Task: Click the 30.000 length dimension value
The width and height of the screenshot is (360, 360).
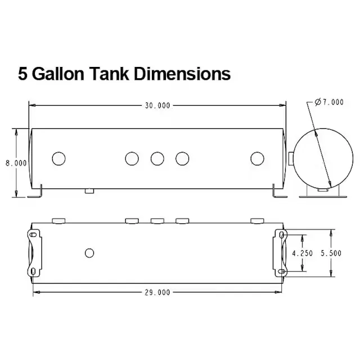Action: click(x=157, y=106)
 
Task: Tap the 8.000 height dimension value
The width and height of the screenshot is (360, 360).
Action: click(x=16, y=163)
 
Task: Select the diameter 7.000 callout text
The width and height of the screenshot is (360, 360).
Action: click(x=329, y=102)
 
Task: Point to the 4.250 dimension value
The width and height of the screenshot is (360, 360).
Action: click(x=302, y=253)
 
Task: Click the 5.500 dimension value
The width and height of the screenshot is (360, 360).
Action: click(x=331, y=253)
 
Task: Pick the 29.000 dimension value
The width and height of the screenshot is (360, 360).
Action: click(x=157, y=292)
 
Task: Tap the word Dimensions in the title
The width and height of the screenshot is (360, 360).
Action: click(x=182, y=74)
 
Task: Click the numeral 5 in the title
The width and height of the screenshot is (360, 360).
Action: click(x=22, y=74)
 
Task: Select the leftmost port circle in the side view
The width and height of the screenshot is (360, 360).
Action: click(x=58, y=159)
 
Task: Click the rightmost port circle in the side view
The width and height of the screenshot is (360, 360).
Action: click(x=257, y=159)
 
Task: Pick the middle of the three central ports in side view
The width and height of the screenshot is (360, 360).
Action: click(x=157, y=159)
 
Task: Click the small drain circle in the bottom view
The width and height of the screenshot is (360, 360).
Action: click(x=89, y=253)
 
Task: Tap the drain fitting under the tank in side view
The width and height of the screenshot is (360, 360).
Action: click(x=89, y=191)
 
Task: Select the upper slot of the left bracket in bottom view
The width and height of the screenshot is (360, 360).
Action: click(x=33, y=235)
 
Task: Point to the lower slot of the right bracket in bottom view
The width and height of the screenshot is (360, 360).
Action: click(x=282, y=272)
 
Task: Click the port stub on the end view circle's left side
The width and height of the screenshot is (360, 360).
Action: click(x=291, y=159)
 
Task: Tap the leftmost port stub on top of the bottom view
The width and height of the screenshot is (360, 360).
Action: click(x=58, y=221)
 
